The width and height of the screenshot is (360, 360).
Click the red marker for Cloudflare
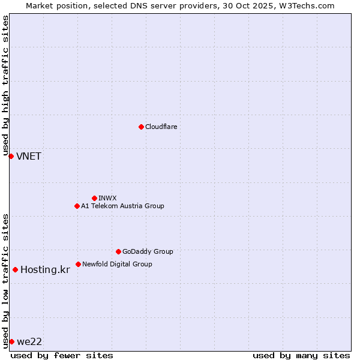[x=141, y=127]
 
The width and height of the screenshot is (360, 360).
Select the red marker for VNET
[x=11, y=156]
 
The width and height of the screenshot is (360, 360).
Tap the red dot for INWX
[x=94, y=198]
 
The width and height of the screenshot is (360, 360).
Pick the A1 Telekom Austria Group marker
[x=77, y=206]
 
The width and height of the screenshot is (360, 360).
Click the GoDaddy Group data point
[x=118, y=251]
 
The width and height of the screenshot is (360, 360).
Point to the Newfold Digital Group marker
[x=78, y=264]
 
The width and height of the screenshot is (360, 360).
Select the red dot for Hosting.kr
[x=15, y=269]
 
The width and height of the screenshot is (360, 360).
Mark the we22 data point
[x=11, y=341]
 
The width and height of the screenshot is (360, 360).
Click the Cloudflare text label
[x=161, y=127]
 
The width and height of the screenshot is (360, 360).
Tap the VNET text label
[x=29, y=157]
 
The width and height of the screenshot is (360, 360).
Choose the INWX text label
[x=107, y=198]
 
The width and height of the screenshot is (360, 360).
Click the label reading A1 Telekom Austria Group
[x=122, y=206]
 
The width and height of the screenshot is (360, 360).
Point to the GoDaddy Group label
[x=148, y=251]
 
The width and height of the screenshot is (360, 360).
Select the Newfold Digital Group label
[x=117, y=264]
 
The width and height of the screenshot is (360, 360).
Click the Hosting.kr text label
[x=45, y=270]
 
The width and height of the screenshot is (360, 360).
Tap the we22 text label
[x=29, y=342]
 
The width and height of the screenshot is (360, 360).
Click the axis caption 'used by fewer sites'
[x=62, y=355]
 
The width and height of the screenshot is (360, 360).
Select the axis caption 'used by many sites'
[x=301, y=355]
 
